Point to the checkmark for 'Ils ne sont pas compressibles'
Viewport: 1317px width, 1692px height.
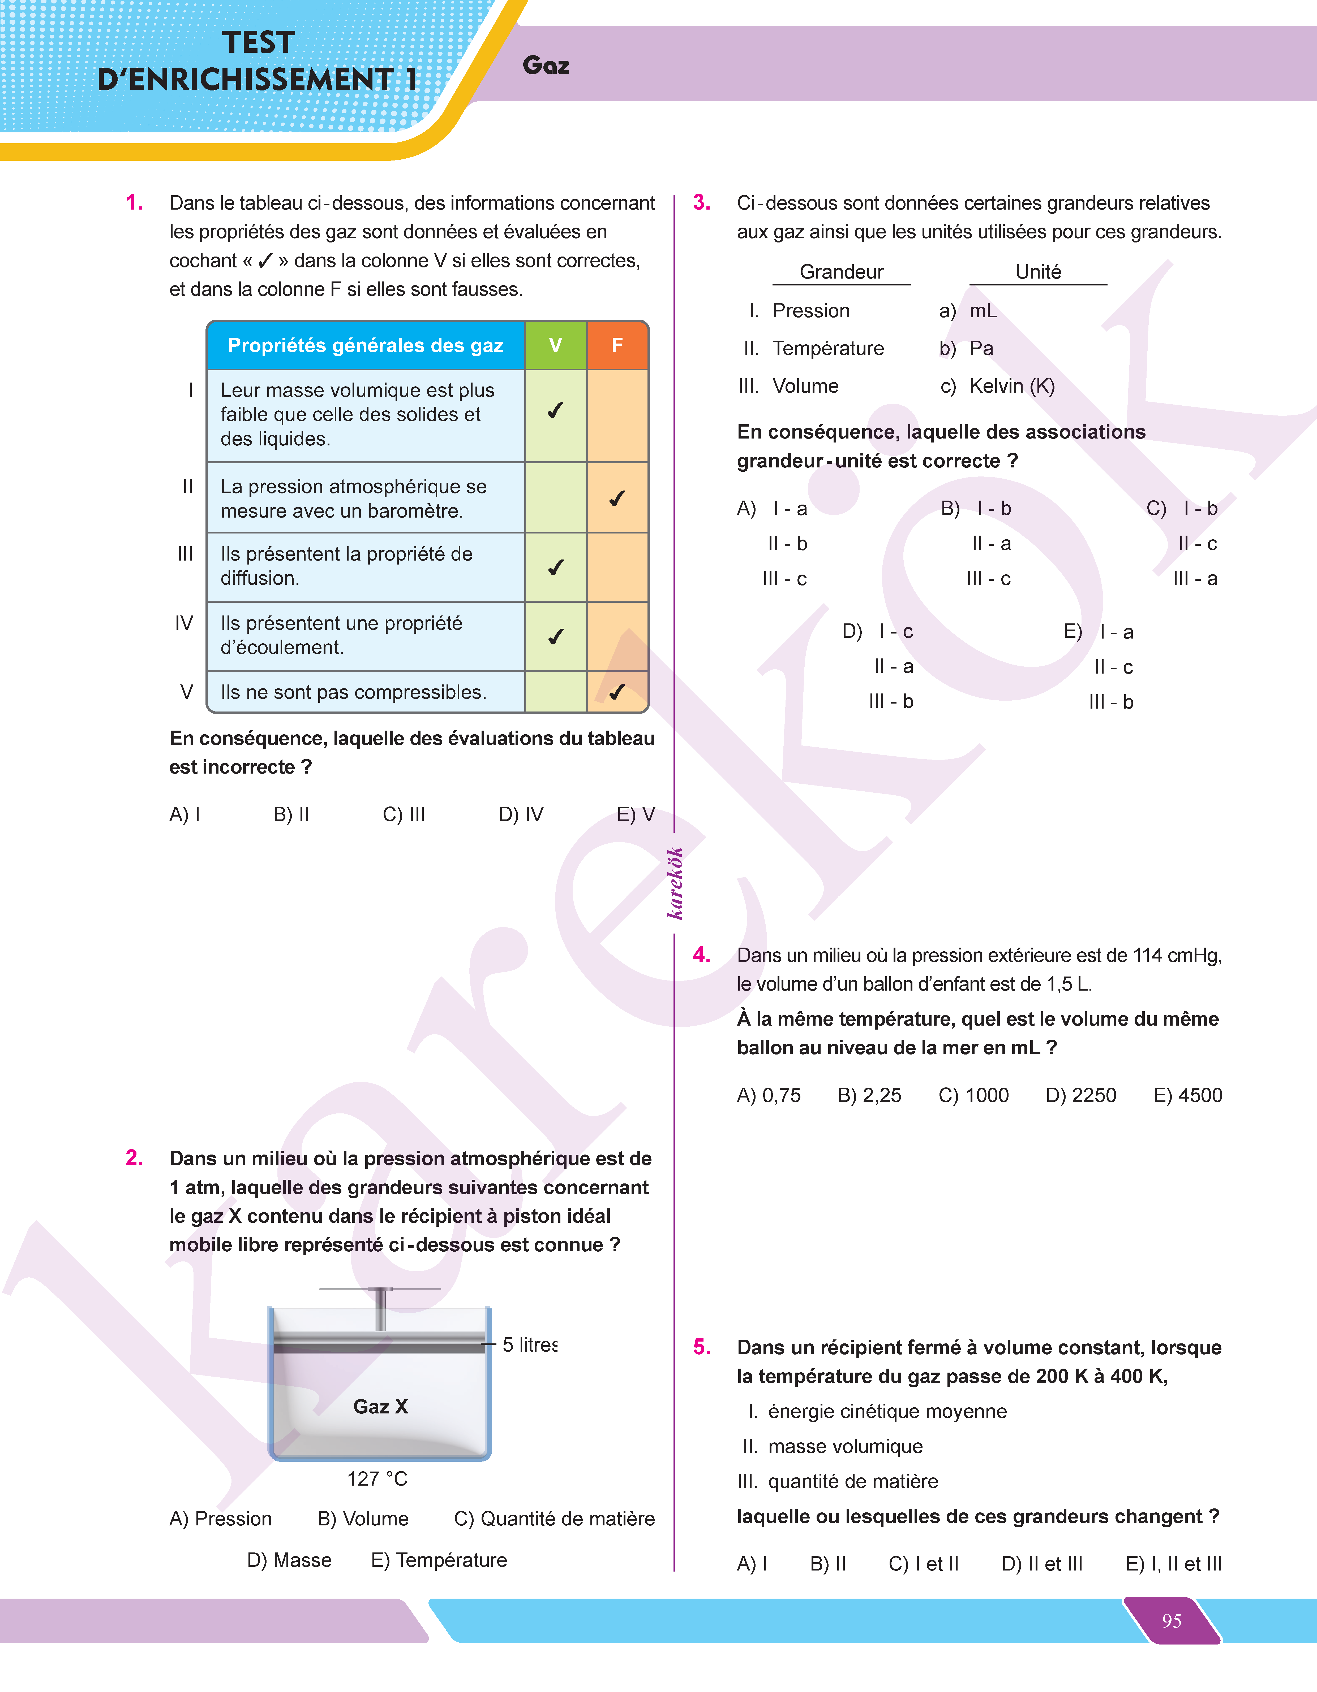pos(617,692)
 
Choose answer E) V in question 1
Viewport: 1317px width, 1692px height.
pos(636,814)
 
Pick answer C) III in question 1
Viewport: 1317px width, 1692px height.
pos(404,814)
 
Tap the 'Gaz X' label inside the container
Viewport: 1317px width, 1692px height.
pos(381,1406)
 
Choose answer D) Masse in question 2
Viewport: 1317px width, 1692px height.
pos(289,1560)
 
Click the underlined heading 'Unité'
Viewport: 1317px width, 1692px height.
pos(1038,272)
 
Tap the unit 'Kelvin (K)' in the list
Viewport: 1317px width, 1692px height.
pos(1012,386)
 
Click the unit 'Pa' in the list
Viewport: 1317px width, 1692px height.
pos(981,349)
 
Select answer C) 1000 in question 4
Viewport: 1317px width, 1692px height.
pos(973,1095)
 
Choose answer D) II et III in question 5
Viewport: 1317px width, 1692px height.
pos(1042,1563)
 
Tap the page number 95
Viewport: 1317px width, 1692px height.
pos(1171,1621)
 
